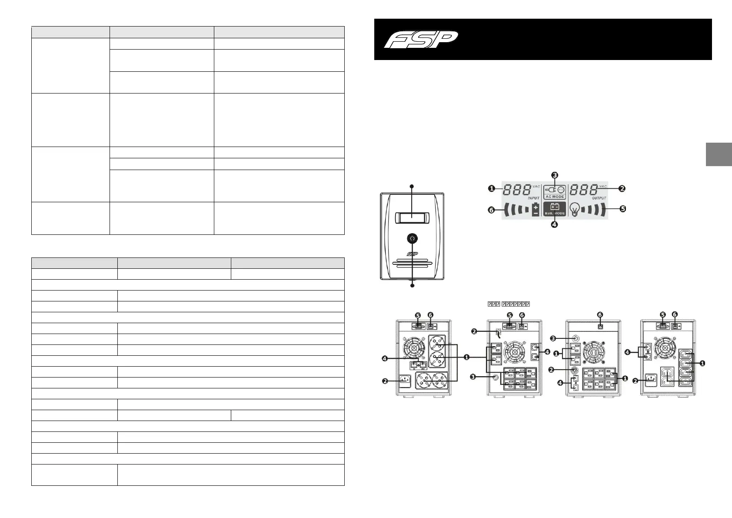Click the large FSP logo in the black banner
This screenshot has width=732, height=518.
pos(421,39)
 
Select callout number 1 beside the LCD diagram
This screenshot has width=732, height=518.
pos(491,189)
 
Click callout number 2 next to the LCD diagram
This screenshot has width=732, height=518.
pos(622,189)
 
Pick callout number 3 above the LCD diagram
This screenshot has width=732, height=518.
pos(555,175)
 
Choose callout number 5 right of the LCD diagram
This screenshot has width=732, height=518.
pos(622,209)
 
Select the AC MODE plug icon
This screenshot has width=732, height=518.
pos(555,190)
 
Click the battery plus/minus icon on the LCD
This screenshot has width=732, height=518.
pos(536,210)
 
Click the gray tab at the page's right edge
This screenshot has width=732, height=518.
pos(719,154)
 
